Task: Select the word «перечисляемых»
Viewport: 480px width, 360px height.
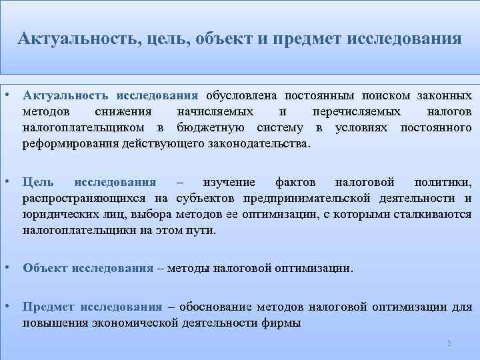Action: (x=357, y=111)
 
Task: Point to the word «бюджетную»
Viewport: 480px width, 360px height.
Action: (x=207, y=127)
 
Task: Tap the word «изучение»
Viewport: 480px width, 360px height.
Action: (x=229, y=182)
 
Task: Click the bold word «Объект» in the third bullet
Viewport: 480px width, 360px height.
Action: (x=45, y=269)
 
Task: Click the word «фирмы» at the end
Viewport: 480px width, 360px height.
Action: (x=283, y=323)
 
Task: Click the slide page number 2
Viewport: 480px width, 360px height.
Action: (x=449, y=343)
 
